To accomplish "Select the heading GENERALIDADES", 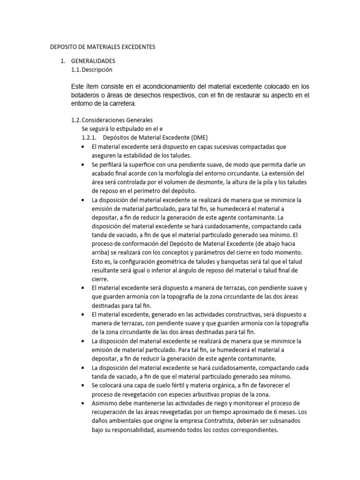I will [x=93, y=61].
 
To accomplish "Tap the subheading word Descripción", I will [x=98, y=69].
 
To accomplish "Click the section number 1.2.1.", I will [x=89, y=137].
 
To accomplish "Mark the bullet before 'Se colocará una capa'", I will [x=83, y=386].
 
